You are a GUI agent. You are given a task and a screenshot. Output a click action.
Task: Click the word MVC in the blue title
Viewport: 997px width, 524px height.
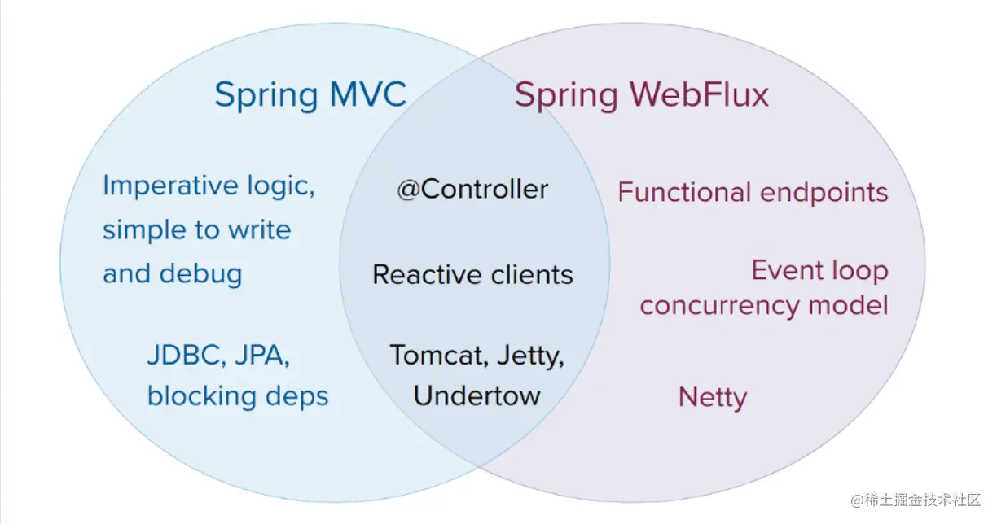[x=367, y=94]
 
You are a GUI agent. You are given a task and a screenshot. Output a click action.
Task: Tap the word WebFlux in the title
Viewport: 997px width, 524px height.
[x=699, y=94]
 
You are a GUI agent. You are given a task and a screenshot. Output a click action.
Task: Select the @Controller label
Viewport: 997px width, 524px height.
[x=472, y=190]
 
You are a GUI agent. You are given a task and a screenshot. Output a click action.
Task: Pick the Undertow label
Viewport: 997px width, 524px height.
[x=477, y=395]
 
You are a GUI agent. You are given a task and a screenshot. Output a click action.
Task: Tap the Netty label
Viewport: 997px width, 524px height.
[x=713, y=398]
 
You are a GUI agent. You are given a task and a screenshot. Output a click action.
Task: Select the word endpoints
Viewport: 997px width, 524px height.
[x=824, y=194]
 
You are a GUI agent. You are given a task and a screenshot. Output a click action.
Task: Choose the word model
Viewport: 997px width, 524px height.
[x=848, y=305]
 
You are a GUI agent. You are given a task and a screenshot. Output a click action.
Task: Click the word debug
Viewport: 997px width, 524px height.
[x=200, y=273]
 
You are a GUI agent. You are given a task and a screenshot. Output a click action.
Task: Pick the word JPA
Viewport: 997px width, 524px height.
[x=262, y=355]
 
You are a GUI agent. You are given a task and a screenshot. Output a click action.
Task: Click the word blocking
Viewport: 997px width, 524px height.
[x=202, y=396]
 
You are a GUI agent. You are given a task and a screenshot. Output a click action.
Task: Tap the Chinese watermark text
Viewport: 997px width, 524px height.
[x=916, y=500]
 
